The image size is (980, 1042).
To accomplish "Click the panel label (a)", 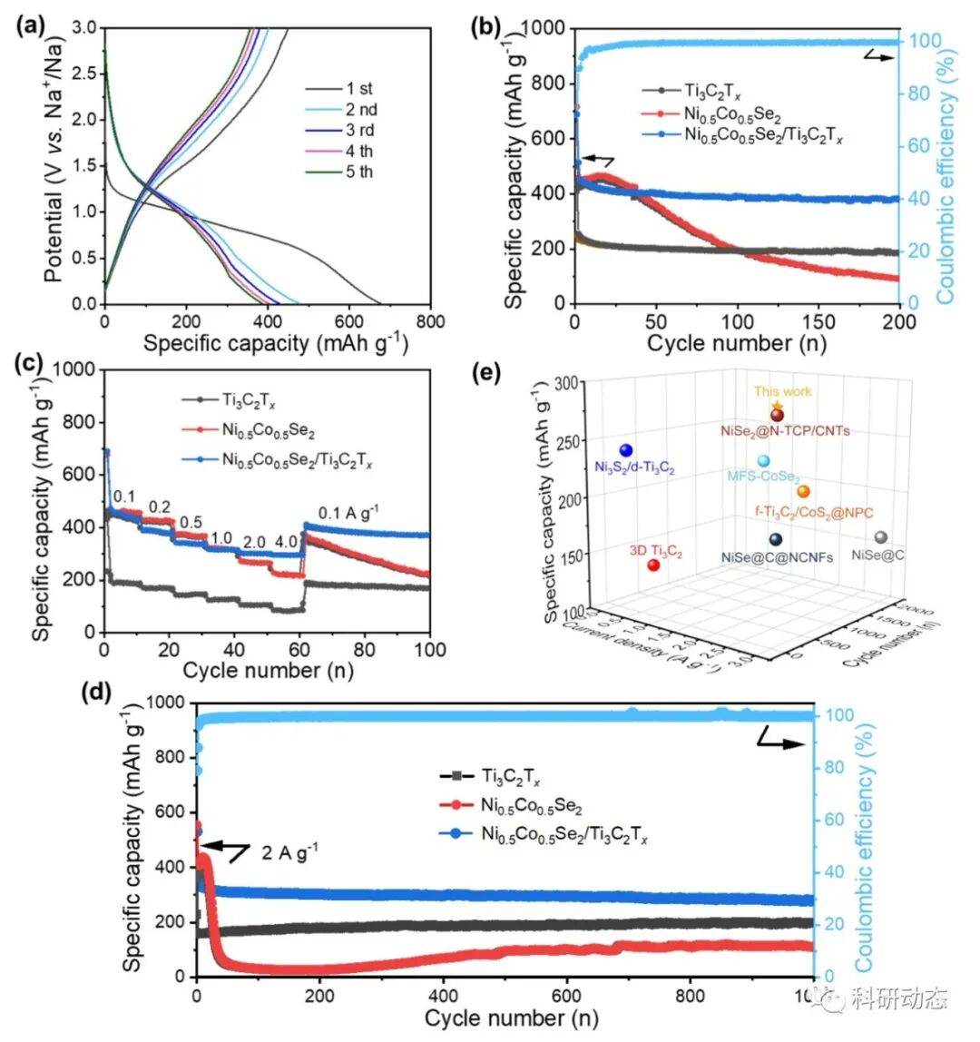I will point(32,25).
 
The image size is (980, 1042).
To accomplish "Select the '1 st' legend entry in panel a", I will point(358,89).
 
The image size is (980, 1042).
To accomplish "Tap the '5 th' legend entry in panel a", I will point(358,172).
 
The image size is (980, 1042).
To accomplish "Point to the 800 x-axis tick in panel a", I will point(430,321).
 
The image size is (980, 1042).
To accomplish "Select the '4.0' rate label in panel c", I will point(287,543).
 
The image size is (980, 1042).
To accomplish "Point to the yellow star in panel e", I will point(776,406).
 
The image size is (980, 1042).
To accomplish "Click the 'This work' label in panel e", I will point(782,392).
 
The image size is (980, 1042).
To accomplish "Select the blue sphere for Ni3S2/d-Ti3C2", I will point(625,450).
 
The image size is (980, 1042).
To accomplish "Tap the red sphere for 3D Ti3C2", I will point(653,565).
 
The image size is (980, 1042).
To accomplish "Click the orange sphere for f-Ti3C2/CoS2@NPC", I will point(803,491).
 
